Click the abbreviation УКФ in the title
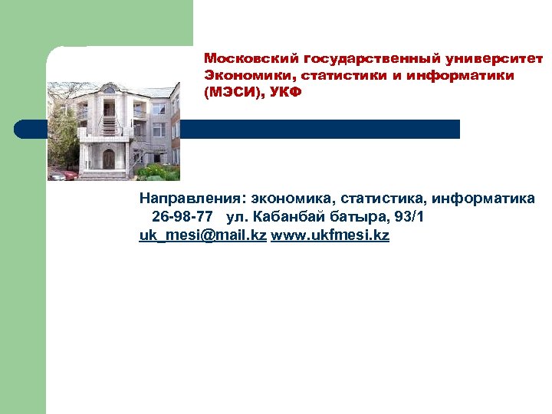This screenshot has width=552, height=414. (285, 93)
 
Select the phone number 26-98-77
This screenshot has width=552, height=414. (182, 217)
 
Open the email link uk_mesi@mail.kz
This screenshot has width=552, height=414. (202, 235)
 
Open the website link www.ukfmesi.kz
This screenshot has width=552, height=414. (330, 235)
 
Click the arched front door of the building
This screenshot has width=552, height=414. (108, 159)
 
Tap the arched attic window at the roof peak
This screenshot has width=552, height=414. (108, 90)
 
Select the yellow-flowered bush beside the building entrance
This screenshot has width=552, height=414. (153, 170)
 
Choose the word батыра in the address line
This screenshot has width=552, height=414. (360, 217)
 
